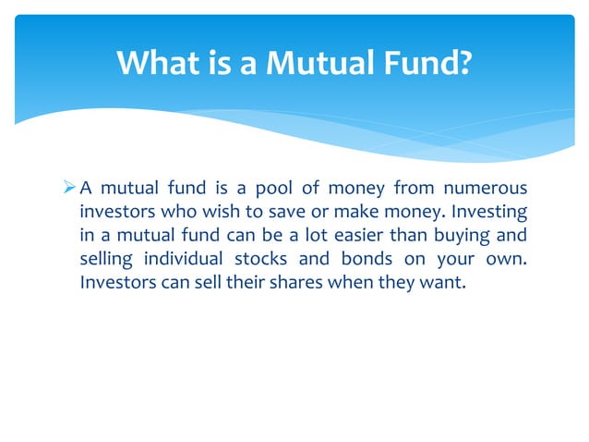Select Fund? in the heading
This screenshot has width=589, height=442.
427,64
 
